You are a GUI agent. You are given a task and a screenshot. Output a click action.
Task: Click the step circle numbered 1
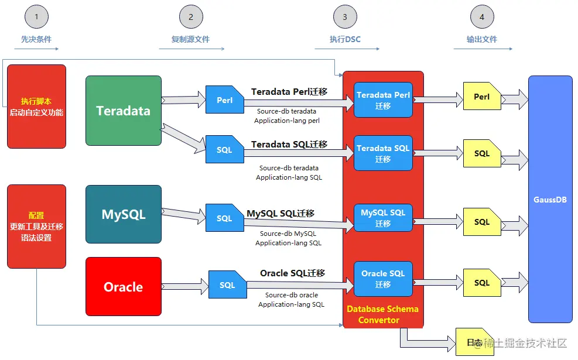click(36, 17)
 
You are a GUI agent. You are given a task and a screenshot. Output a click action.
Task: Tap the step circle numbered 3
click(345, 17)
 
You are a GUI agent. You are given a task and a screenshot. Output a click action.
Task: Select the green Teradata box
click(123, 111)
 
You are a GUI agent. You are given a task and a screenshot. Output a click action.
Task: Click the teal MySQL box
click(123, 214)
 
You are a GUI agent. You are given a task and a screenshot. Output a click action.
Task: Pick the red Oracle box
click(123, 287)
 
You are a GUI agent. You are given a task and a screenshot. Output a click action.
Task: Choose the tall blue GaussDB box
click(550, 199)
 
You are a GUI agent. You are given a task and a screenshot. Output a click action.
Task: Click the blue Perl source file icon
click(224, 100)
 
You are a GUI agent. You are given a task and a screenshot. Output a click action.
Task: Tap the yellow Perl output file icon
click(481, 97)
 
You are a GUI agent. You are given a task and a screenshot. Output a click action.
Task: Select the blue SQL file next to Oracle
click(227, 285)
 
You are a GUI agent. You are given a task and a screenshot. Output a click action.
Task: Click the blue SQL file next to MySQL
click(224, 218)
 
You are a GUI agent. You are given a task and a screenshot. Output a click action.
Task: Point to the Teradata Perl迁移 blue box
click(383, 100)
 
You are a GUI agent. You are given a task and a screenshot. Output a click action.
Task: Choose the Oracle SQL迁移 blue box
click(383, 279)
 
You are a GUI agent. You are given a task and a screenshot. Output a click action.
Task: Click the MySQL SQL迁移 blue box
click(383, 218)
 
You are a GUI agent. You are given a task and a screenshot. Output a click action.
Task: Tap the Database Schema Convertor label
click(382, 314)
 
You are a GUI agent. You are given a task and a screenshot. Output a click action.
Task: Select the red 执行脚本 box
click(36, 106)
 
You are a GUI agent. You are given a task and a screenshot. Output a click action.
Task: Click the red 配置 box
click(36, 226)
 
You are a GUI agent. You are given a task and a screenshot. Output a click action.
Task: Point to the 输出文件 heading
click(481, 39)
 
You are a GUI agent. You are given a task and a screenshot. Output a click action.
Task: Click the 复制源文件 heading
click(190, 39)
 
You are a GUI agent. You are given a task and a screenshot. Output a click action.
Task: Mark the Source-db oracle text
click(292, 295)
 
